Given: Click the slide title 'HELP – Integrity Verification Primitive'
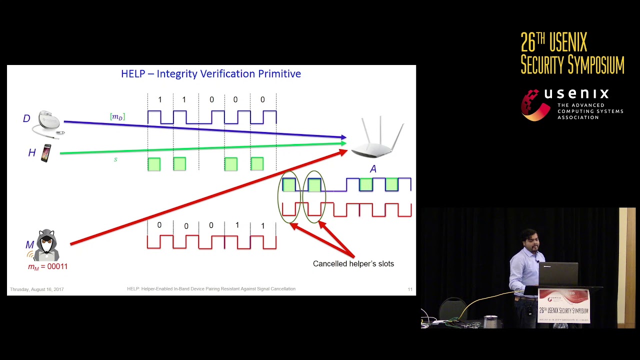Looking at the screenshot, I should pos(210,74).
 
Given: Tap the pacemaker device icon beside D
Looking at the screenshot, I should pos(48,122).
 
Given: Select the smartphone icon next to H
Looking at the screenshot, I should pos(46,153).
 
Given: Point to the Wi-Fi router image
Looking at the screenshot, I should pos(378,139).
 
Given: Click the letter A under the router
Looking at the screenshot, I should pos(373,169).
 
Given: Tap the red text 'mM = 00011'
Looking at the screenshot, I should pos(47,266).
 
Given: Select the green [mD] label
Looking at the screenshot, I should pos(117,116).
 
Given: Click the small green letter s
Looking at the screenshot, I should pos(115,159).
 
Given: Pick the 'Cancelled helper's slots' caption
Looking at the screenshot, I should pos(353,263).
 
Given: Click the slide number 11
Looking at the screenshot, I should pos(410,289).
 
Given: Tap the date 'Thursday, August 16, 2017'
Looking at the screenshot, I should pos(37,289).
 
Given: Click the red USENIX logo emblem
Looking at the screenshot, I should pos(535,104).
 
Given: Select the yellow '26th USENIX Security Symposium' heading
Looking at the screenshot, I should pos(572,53).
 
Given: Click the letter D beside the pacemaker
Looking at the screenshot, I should pos(26,118).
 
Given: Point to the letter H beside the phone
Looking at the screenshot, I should pos(31,153).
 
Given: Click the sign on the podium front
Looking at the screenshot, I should pos(563,305).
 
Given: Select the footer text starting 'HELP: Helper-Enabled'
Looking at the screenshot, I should pos(211,289).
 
